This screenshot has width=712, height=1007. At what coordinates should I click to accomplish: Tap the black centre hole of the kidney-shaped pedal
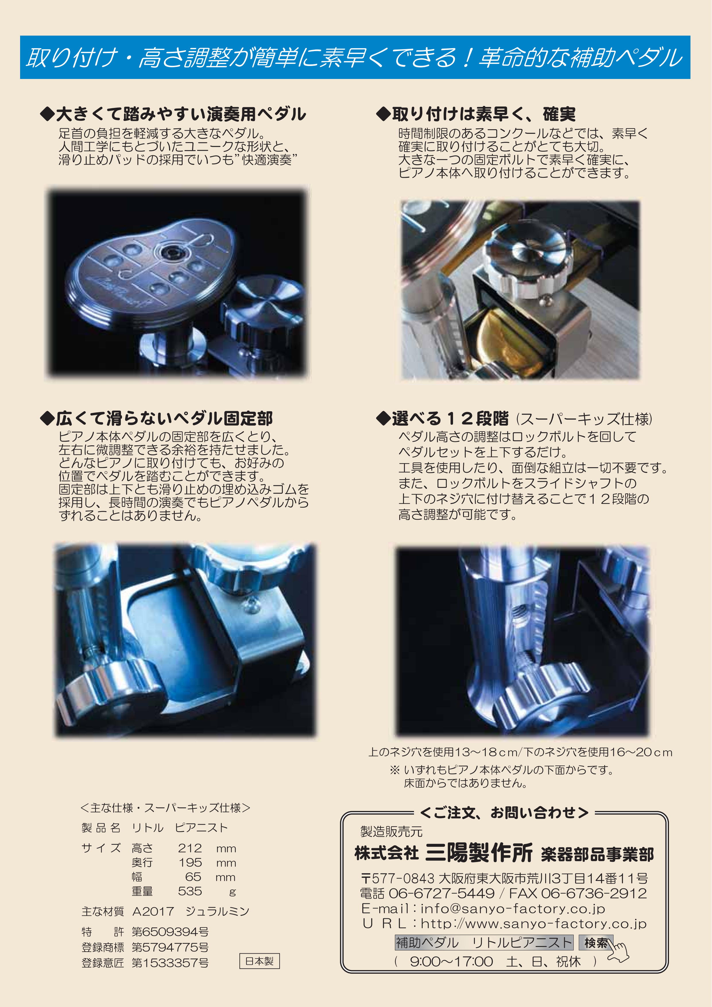tap(168, 252)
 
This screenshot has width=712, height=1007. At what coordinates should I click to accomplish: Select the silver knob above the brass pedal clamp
tap(527, 254)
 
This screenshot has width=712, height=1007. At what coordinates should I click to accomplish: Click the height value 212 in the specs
tap(190, 848)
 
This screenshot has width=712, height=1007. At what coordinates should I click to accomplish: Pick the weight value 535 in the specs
tap(190, 891)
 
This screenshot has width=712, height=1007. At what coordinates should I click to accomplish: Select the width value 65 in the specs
tap(193, 876)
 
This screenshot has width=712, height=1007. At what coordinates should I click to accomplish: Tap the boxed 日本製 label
tap(260, 961)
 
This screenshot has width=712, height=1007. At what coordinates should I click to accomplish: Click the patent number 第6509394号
tap(170, 931)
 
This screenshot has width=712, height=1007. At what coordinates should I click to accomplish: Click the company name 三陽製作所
tap(479, 853)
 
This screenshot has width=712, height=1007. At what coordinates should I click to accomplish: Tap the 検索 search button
tap(596, 942)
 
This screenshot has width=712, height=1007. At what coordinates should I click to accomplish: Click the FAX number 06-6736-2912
tap(594, 893)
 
